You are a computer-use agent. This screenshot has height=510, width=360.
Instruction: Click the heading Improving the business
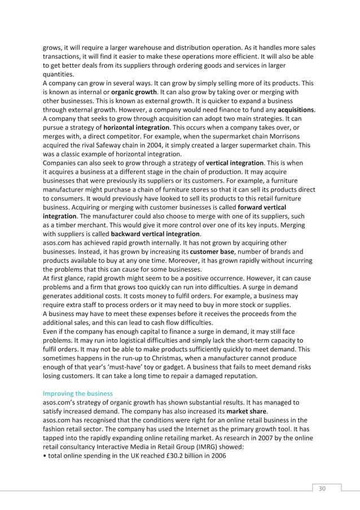[x=78, y=393]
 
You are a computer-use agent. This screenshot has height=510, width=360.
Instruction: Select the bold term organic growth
[x=134, y=91]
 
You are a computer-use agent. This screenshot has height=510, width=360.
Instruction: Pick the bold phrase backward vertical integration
[x=155, y=233]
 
